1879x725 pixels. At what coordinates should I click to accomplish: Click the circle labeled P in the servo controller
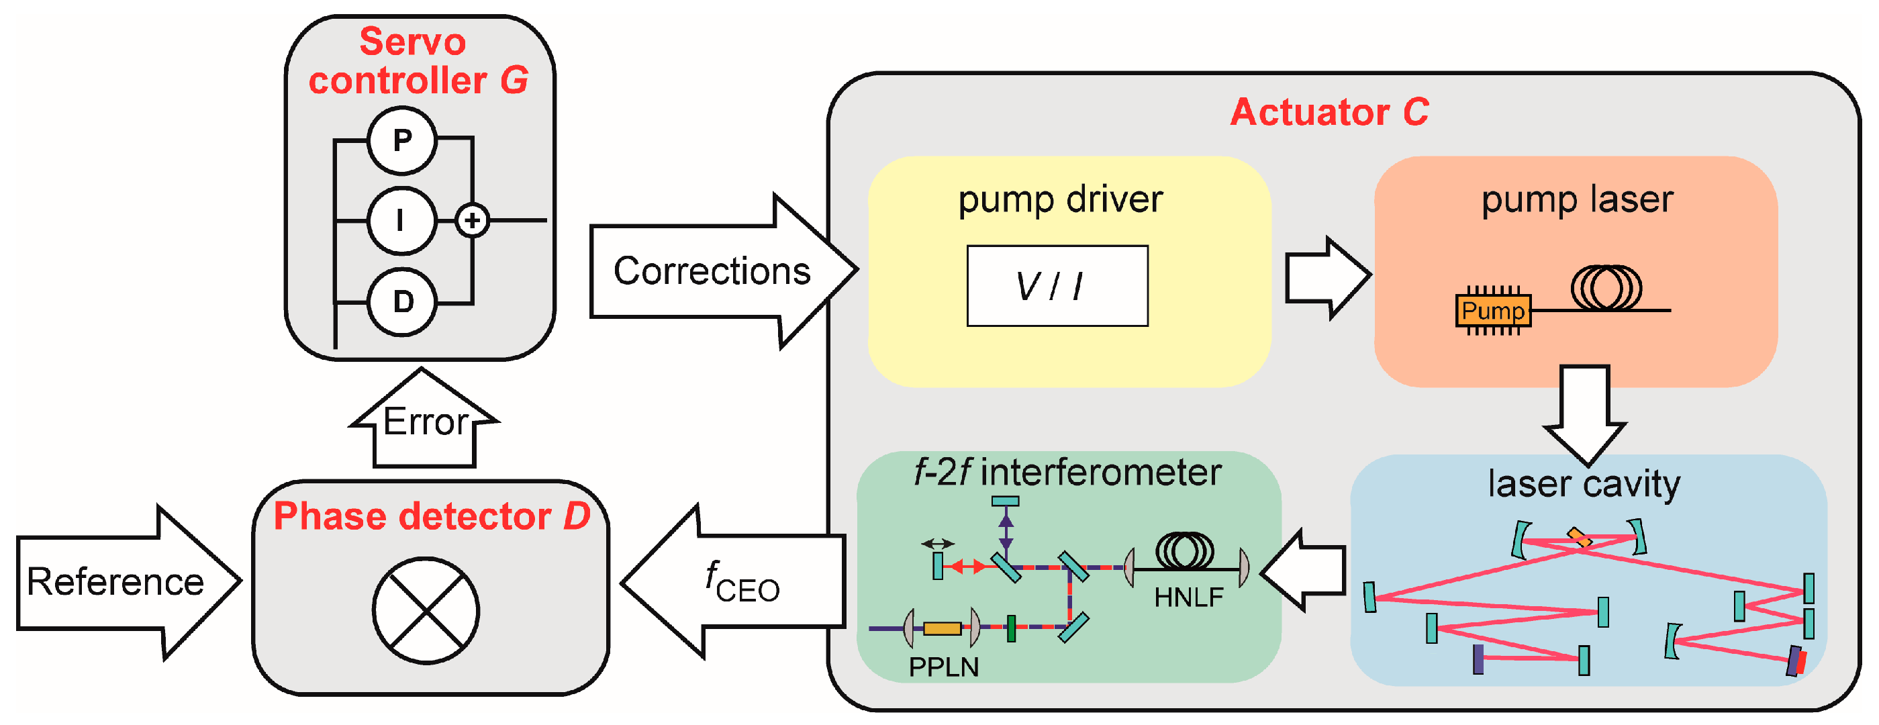click(403, 140)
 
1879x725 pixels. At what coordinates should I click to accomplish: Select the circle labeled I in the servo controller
click(403, 220)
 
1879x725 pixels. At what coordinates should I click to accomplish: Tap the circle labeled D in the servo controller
click(403, 302)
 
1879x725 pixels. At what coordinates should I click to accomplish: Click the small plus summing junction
click(473, 220)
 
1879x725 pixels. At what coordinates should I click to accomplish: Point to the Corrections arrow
click(722, 271)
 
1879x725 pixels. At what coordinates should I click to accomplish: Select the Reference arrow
click(128, 582)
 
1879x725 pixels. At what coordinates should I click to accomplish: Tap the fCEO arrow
click(733, 581)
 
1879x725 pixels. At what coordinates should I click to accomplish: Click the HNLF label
click(1189, 598)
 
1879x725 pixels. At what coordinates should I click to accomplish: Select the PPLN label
click(944, 667)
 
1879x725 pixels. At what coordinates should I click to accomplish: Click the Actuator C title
click(1330, 112)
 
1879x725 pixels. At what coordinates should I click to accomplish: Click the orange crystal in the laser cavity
click(1579, 538)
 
